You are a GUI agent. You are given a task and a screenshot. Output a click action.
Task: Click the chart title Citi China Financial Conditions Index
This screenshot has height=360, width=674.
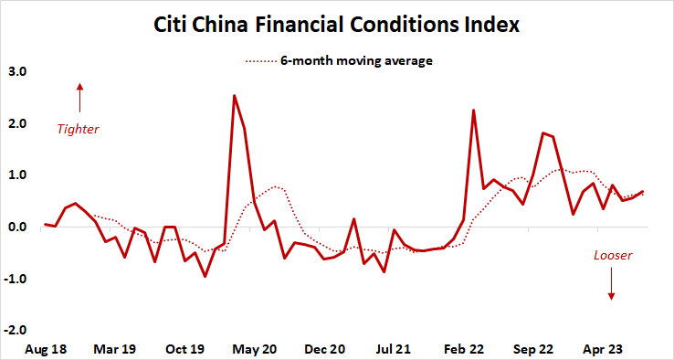pos(336,25)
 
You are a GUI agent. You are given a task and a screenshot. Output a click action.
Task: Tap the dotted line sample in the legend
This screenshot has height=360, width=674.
pos(261,62)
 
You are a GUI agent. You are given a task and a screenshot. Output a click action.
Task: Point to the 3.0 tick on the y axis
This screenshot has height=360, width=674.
pos(17,71)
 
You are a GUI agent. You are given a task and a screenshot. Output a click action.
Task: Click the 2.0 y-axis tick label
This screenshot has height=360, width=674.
pos(17,123)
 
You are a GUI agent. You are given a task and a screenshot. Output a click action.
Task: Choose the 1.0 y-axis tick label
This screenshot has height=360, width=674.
pos(17,175)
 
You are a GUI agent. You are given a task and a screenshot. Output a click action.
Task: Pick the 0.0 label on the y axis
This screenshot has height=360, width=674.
pos(17,228)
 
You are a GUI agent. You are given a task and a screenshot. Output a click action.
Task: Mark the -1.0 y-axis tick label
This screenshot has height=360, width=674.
pos(16,280)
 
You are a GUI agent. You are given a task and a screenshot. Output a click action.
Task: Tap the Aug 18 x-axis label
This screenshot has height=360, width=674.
pos(47,349)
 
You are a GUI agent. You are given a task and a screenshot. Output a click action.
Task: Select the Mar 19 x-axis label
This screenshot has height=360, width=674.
pos(116,349)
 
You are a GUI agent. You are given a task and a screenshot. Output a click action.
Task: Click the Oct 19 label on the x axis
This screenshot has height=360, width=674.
pos(185,349)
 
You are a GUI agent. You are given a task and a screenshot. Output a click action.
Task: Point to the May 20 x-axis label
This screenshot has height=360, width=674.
pos(255,349)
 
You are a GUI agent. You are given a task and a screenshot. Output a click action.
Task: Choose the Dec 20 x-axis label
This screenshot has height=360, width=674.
pos(324,349)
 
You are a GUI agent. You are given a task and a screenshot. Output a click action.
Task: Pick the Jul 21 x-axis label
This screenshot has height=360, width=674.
pos(394,349)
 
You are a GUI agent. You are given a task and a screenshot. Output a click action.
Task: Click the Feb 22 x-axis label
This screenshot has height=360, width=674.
pos(463,349)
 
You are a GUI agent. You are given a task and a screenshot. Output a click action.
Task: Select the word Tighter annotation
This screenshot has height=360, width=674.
pos(78,130)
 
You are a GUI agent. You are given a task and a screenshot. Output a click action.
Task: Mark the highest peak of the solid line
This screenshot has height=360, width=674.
pos(235,96)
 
